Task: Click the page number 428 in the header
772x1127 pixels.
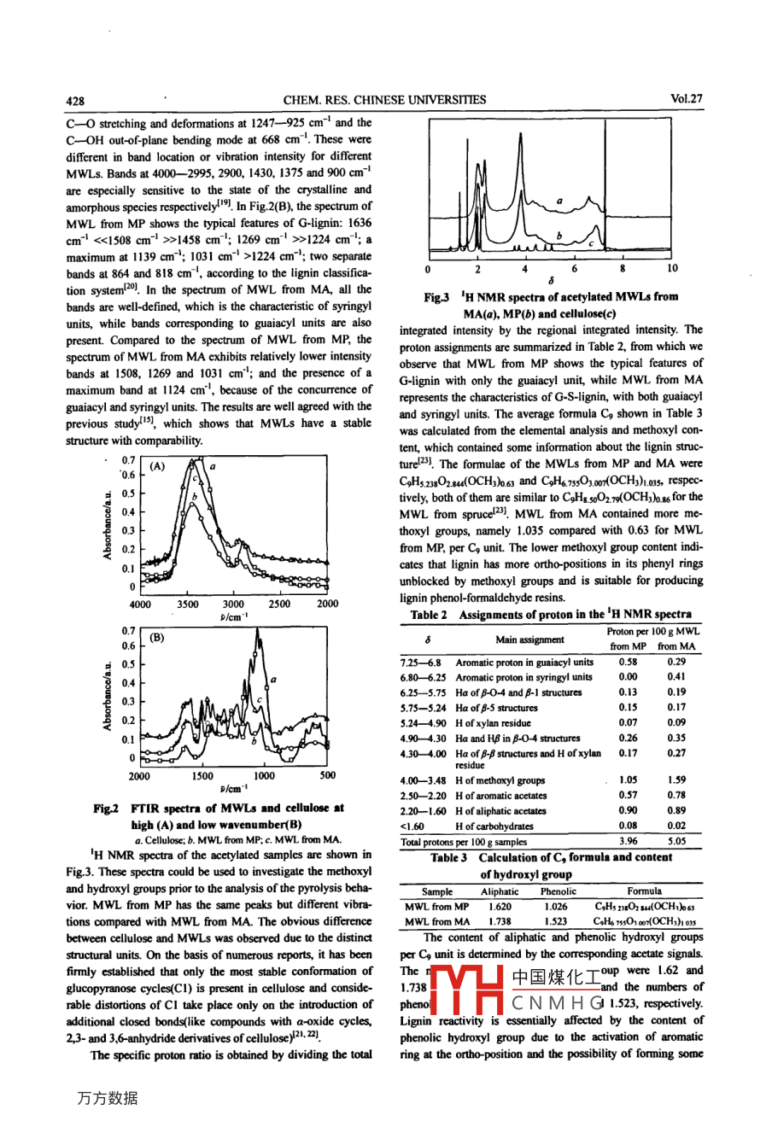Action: [75, 100]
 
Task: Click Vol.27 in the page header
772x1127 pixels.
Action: [687, 99]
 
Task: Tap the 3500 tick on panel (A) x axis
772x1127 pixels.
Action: [188, 604]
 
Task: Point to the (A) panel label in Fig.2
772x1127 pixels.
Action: [157, 467]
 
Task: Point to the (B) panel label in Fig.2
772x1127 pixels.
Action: [157, 637]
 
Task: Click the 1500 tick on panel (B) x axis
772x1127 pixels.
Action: [202, 776]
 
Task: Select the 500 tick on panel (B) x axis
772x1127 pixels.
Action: [327, 776]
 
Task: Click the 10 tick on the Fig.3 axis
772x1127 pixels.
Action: [672, 269]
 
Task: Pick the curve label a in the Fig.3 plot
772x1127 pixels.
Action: [559, 201]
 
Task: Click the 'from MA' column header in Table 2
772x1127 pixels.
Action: [676, 647]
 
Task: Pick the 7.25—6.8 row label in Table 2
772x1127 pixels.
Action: [421, 663]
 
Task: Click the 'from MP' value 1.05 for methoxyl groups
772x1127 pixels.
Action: [628, 780]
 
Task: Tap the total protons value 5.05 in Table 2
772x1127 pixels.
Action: [676, 841]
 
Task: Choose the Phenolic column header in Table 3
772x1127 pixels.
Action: [559, 891]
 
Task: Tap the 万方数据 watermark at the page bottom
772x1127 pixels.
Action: [107, 1099]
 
